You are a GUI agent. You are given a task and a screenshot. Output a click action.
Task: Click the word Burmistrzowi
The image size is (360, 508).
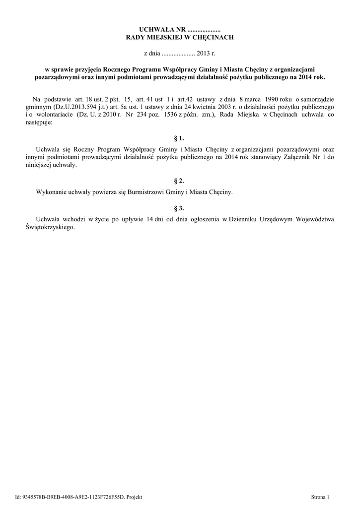pos(141,191)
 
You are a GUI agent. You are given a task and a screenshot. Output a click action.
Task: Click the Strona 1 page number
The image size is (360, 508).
pos(320,496)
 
